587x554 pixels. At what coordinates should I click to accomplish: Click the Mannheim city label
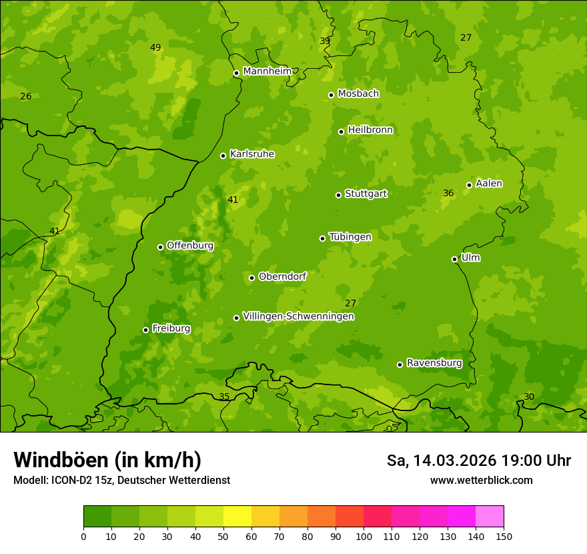(267, 71)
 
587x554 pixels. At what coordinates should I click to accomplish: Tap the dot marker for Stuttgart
(338, 195)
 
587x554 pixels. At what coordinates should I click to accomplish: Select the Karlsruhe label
(251, 154)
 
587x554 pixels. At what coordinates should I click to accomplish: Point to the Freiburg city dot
(145, 330)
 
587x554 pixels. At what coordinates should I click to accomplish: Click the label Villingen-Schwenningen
(298, 316)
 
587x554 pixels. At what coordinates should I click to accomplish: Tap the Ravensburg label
(434, 363)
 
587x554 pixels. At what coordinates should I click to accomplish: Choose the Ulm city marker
(454, 259)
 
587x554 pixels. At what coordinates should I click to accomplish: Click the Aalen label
(488, 184)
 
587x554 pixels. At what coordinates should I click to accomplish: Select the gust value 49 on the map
(155, 47)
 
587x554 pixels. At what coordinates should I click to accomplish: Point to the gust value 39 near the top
(325, 41)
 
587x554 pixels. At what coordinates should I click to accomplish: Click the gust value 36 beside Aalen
(448, 193)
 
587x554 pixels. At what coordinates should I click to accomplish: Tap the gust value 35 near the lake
(224, 396)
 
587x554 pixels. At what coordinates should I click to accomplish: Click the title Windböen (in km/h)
(107, 460)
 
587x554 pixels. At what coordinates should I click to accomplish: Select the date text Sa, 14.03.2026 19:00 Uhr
(478, 461)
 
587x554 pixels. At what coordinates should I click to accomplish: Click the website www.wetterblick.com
(481, 480)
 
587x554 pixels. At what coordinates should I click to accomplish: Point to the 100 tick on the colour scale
(364, 536)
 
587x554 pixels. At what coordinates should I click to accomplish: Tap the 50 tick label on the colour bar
(223, 536)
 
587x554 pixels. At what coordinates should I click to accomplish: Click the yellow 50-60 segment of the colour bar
(237, 516)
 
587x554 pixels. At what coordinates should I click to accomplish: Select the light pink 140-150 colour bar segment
(490, 516)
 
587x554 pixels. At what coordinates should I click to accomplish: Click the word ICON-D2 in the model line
(70, 480)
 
